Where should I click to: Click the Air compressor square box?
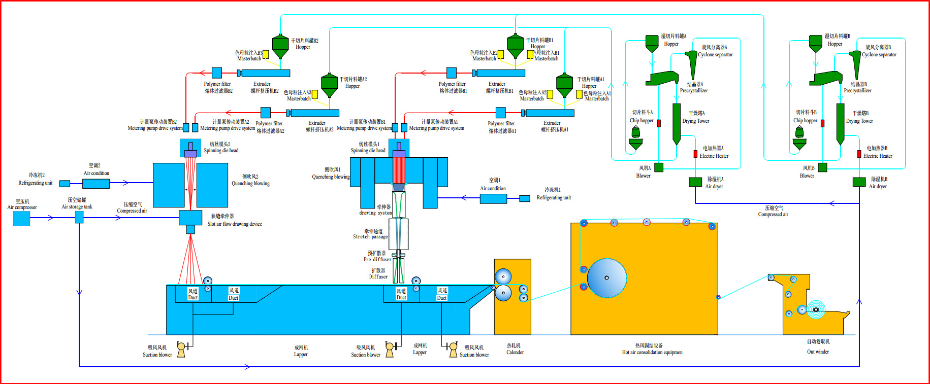(21, 218)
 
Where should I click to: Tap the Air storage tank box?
(79, 218)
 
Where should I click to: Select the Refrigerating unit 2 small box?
(65, 184)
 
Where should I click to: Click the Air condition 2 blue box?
(96, 183)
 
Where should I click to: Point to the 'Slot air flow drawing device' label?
(235, 224)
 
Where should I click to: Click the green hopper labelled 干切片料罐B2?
(280, 46)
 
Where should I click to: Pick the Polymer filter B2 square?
(217, 73)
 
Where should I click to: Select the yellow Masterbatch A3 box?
(315, 94)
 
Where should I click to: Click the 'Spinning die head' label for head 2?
(221, 150)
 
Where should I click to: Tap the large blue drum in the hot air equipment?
(607, 278)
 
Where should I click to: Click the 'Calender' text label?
(515, 352)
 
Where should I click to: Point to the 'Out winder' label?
(818, 352)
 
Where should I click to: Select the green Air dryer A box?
(695, 182)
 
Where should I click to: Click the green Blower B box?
(822, 167)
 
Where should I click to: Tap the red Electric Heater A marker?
(695, 154)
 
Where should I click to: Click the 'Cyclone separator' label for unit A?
(715, 54)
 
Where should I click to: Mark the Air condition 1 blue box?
(493, 198)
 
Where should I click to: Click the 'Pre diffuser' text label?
(377, 259)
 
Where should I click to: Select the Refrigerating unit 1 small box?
(525, 198)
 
